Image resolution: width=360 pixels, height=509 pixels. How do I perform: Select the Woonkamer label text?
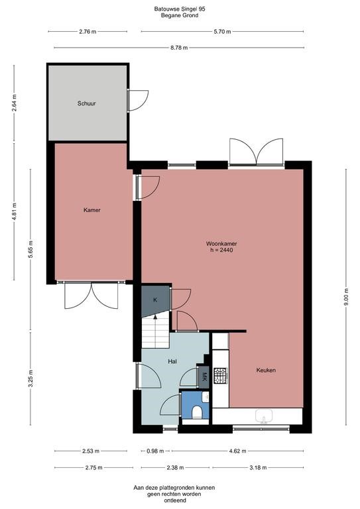(x=221, y=243)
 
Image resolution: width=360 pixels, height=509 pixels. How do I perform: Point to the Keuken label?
(x=266, y=370)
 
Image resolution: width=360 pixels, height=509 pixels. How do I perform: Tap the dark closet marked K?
(x=155, y=300)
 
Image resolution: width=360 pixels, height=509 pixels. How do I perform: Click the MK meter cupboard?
(x=203, y=377)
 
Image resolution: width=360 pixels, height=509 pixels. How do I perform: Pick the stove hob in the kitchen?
(x=220, y=376)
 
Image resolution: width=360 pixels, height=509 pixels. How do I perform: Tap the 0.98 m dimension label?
(x=154, y=451)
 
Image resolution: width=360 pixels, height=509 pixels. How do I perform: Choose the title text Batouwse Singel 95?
(x=180, y=9)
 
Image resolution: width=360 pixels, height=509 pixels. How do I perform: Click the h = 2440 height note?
(x=221, y=251)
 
